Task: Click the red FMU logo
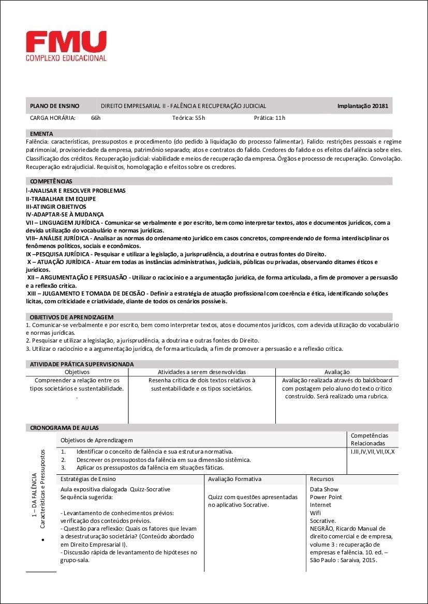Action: [x=66, y=42]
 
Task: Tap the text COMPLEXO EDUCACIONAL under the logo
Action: [x=66, y=58]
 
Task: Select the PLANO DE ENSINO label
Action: [x=55, y=106]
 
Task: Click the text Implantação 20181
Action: [x=362, y=106]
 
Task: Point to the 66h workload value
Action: [x=96, y=118]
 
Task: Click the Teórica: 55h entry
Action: [x=188, y=118]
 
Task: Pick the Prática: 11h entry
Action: [x=270, y=118]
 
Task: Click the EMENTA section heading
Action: [x=41, y=134]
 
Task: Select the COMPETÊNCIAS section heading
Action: [x=51, y=181]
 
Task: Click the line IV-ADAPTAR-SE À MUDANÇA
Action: [x=65, y=214]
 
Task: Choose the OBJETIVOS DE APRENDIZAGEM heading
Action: [x=71, y=317]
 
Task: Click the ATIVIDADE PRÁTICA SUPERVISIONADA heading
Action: [x=82, y=364]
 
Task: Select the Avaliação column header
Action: [x=337, y=372]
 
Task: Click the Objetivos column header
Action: [x=77, y=372]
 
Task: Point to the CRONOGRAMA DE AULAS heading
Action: [x=64, y=428]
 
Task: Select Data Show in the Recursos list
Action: [x=324, y=489]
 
